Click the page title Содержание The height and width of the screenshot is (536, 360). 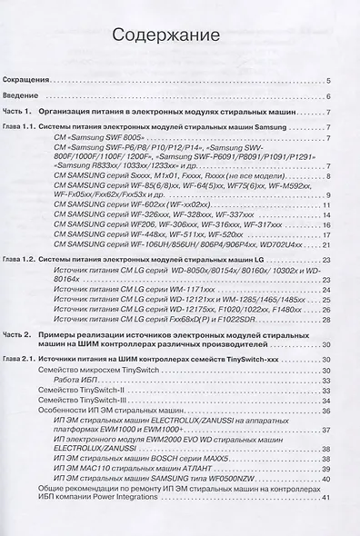click(x=164, y=37)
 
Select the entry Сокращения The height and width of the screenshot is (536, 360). click(x=42, y=81)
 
